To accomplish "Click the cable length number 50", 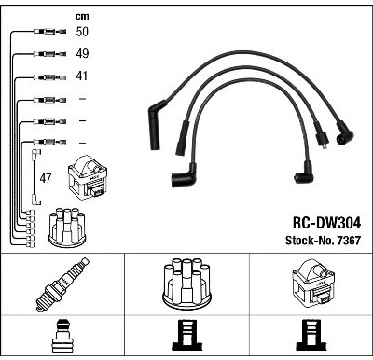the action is tap(82, 32).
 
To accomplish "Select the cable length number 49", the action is tap(82, 53).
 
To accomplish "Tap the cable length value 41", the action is tap(81, 76).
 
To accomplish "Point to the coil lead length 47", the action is tap(46, 178).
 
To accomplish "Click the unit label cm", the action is tap(82, 16).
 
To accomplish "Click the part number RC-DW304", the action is tap(326, 223).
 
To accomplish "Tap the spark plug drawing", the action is tap(62, 284).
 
